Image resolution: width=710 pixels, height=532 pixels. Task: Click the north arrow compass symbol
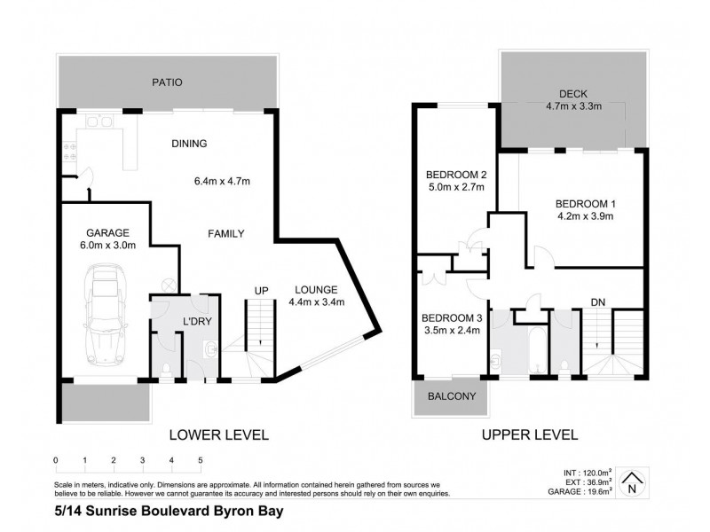632,482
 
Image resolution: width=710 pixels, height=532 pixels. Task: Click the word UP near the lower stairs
262,291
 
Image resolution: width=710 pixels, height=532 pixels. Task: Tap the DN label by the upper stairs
597,302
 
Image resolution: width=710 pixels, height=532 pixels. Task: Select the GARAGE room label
99,232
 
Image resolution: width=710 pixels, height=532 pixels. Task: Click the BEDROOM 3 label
452,318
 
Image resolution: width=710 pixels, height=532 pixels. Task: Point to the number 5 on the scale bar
201,460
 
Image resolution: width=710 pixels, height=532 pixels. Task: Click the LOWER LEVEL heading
218,434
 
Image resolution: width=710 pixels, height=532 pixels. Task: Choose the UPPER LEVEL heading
530,434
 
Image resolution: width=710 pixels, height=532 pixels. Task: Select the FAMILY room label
225,234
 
